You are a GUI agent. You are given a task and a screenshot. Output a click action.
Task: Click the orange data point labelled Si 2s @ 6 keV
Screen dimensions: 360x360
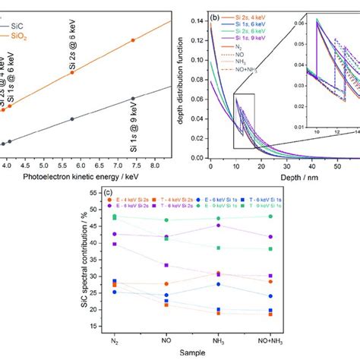133,40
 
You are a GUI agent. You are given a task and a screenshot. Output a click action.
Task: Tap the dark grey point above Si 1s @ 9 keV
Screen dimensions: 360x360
133,98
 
